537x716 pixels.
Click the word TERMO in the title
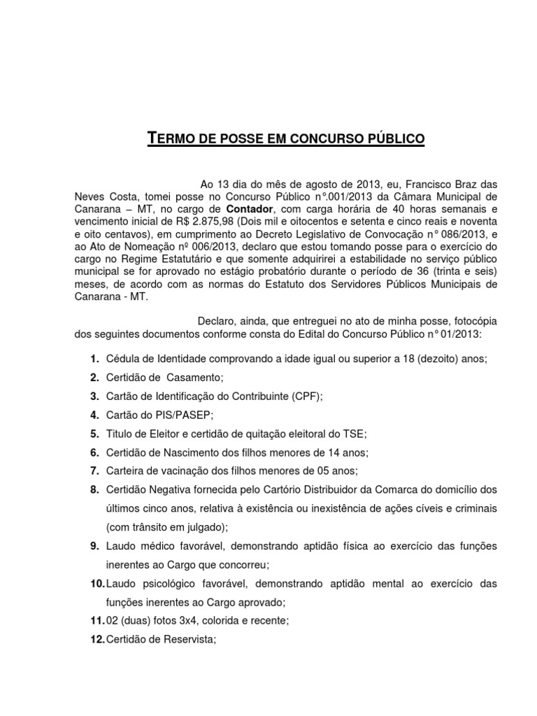[x=171, y=138]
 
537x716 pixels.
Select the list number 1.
[x=93, y=359]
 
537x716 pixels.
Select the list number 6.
[x=93, y=452]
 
